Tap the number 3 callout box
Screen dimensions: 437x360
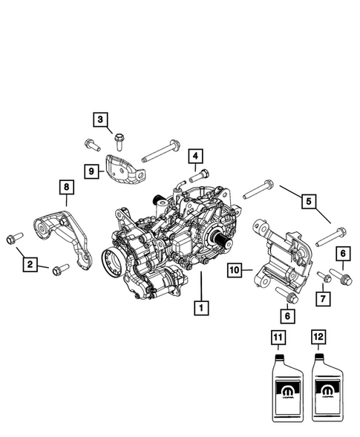tap(100, 119)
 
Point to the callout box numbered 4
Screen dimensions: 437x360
tap(195, 157)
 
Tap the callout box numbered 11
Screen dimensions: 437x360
tap(277, 338)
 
